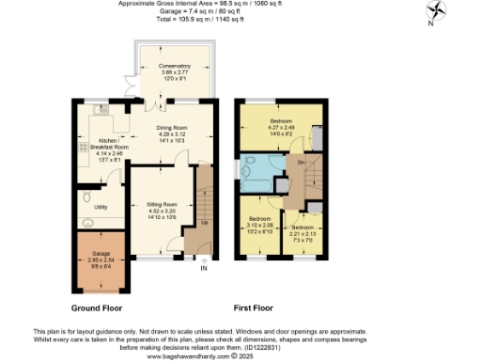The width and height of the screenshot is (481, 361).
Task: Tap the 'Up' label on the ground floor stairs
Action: pyautogui.click(x=204, y=224)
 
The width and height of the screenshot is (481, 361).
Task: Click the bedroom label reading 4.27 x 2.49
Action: pyautogui.click(x=281, y=128)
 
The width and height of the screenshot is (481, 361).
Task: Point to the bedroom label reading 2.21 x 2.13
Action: pyautogui.click(x=303, y=232)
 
